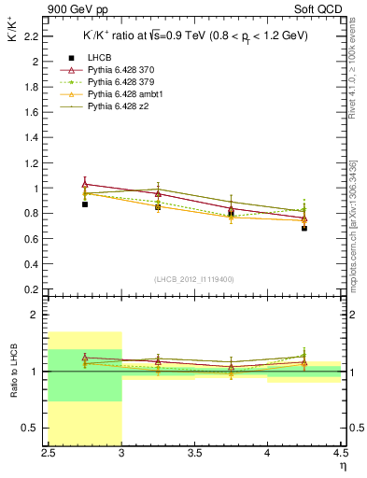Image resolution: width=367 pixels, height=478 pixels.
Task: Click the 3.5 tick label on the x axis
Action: pos(195,454)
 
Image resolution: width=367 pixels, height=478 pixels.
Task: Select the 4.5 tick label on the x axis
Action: pos(341,454)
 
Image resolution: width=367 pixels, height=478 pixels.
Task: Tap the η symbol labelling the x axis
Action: pos(342,466)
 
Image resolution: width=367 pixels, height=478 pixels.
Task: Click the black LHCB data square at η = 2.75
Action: pos(85,204)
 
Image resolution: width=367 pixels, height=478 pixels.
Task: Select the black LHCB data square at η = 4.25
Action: pos(304,228)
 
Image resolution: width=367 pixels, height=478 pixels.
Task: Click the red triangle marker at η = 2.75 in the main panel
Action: pos(85,184)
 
